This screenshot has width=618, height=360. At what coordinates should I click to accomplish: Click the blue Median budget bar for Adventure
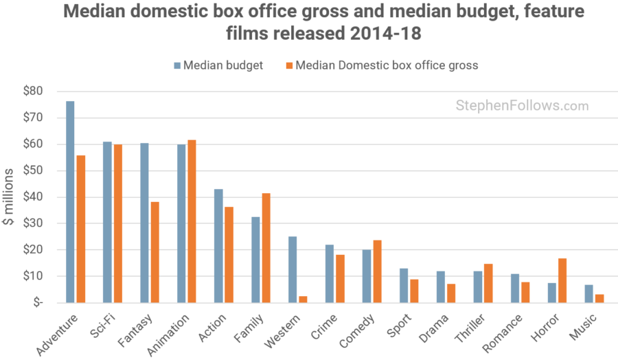click(x=70, y=202)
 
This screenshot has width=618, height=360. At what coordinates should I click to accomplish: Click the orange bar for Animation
click(x=192, y=221)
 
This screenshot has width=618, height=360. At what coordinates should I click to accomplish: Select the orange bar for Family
click(x=266, y=248)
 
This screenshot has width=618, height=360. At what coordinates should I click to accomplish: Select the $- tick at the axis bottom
click(x=36, y=302)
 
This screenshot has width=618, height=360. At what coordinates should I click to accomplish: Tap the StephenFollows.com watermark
click(x=522, y=106)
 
